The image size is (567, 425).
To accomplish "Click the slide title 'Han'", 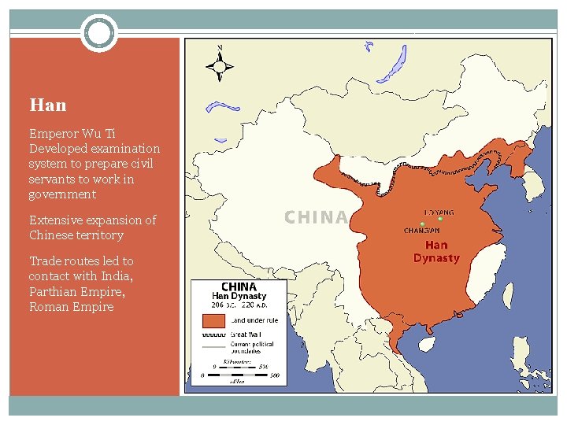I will [47, 105].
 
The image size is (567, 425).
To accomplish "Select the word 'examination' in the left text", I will [126, 149].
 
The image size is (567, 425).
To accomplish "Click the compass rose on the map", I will [220, 63].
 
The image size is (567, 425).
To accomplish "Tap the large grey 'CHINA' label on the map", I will [316, 217].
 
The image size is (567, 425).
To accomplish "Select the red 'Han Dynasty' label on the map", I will [436, 252].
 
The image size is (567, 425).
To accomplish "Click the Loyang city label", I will [439, 213].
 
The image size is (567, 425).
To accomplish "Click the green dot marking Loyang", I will [441, 220].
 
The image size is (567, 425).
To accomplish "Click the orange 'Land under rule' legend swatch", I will [213, 321].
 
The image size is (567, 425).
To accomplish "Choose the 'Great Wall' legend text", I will [245, 335].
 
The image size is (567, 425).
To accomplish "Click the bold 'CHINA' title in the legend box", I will [239, 287].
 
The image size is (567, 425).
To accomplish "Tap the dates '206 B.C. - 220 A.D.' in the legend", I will [239, 305].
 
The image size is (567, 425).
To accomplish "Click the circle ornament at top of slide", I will [99, 33].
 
